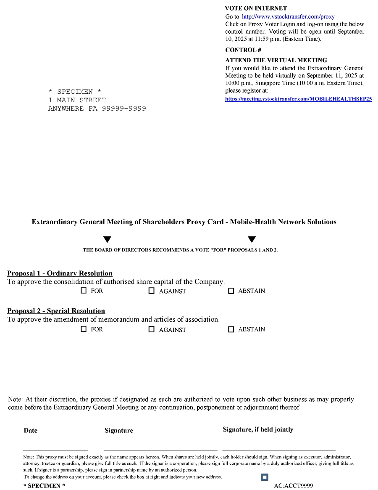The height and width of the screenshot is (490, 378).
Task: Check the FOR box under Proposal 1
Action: click(x=84, y=291)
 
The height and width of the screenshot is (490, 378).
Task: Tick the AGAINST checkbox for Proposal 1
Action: click(x=152, y=291)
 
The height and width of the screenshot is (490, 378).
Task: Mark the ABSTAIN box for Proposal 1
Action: click(x=231, y=291)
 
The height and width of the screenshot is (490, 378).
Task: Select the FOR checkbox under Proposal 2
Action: click(x=84, y=329)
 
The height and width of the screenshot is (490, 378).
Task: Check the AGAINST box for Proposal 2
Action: click(x=152, y=330)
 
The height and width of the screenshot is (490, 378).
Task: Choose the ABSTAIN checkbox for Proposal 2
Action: click(x=231, y=330)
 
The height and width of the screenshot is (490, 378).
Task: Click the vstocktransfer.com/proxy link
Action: click(x=288, y=17)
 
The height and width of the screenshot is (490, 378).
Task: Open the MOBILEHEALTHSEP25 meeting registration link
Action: click(x=298, y=99)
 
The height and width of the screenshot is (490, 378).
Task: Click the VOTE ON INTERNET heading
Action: click(x=256, y=8)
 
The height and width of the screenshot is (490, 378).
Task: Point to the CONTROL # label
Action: click(x=243, y=50)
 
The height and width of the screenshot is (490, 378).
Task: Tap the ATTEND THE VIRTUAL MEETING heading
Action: click(x=276, y=60)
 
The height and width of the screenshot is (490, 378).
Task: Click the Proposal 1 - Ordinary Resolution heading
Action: click(x=60, y=273)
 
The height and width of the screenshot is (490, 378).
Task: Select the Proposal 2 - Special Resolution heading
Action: click(x=56, y=311)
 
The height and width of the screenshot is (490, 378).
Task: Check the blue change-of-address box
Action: click(x=264, y=477)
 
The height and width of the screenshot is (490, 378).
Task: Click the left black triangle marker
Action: click(x=107, y=240)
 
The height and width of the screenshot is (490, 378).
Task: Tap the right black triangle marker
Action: click(x=252, y=240)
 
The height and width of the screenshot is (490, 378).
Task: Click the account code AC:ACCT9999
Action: click(x=293, y=486)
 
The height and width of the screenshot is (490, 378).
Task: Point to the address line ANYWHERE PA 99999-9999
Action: click(x=97, y=109)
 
